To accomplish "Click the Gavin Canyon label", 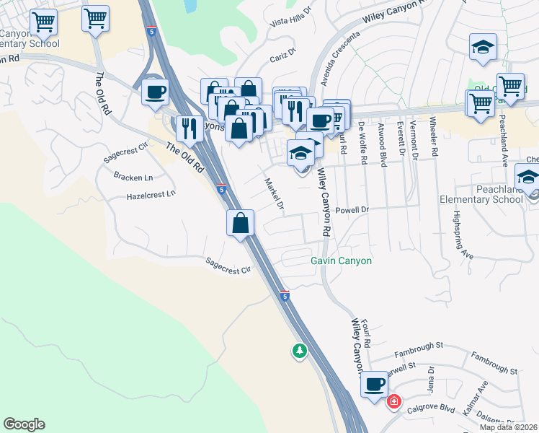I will [x=341, y=261].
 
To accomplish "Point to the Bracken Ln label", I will [x=133, y=176].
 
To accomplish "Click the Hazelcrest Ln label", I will [x=151, y=195].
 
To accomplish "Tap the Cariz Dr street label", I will [x=283, y=56].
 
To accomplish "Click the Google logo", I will [x=24, y=424].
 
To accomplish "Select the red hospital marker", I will [x=394, y=401].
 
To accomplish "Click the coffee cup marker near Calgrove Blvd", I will [x=374, y=385].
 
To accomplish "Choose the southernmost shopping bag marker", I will [x=241, y=223].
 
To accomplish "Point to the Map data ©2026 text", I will [x=509, y=427].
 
